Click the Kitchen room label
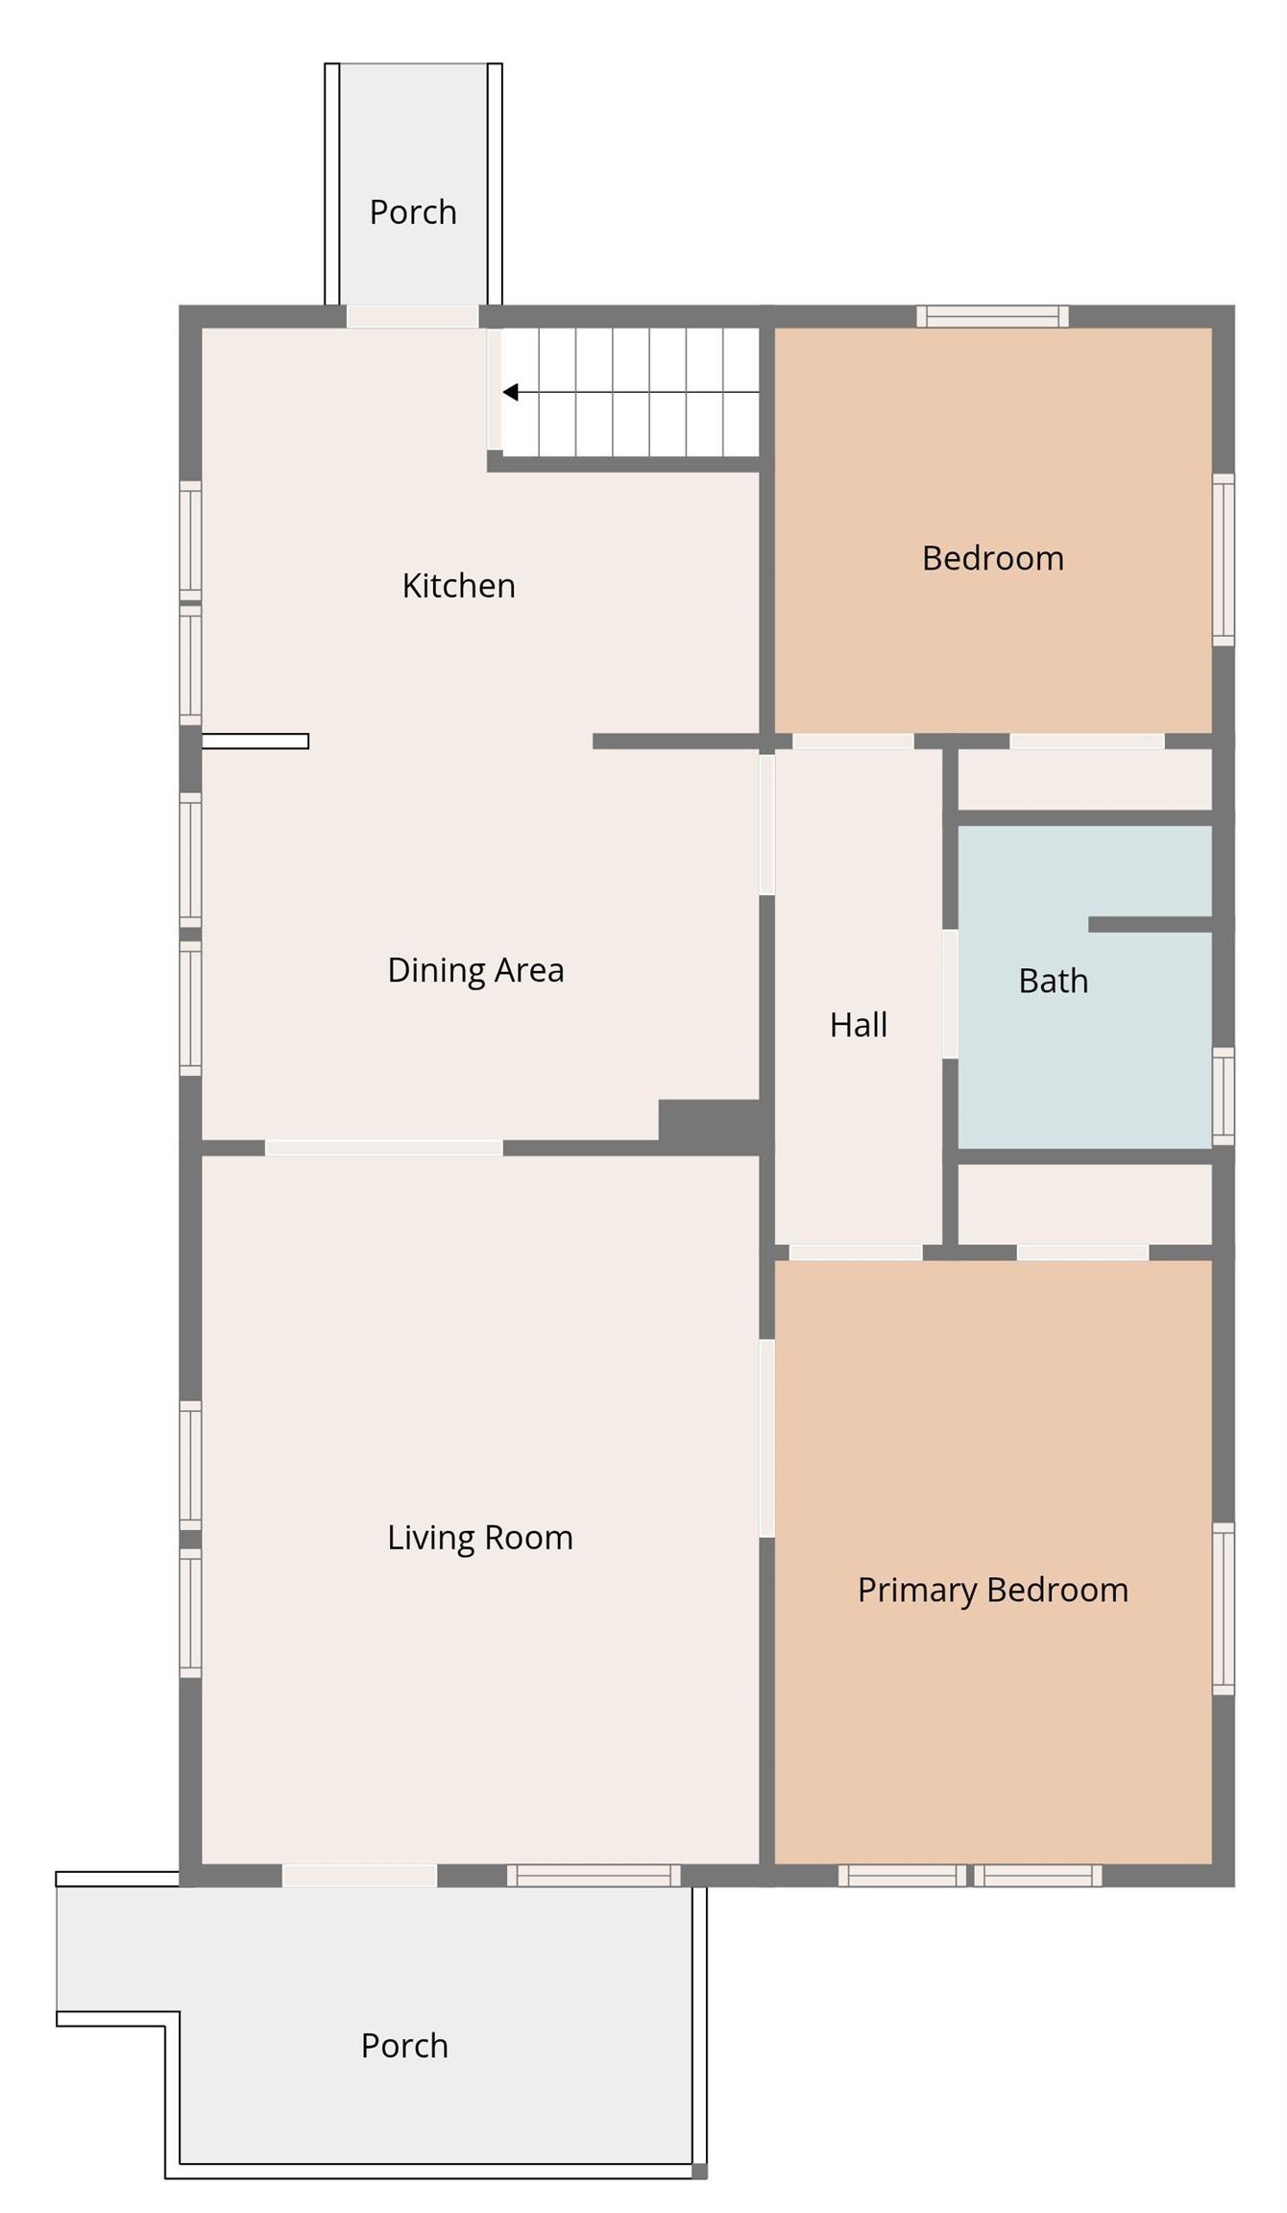[458, 585]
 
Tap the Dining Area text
[475, 969]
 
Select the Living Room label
[479, 1537]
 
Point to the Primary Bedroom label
[992, 1589]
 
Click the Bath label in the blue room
[1053, 981]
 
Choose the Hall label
[858, 1025]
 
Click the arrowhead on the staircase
[511, 392]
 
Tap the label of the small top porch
[413, 212]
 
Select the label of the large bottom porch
[404, 2045]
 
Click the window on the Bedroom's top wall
[992, 316]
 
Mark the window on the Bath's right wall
[1223, 1096]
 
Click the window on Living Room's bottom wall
[594, 1875]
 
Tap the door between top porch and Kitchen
[412, 317]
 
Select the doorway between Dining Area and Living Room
[383, 1148]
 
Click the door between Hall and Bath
[950, 994]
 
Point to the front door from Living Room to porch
[359, 1875]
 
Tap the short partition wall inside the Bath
[1149, 924]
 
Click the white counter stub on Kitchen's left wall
[255, 741]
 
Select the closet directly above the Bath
[1084, 780]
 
